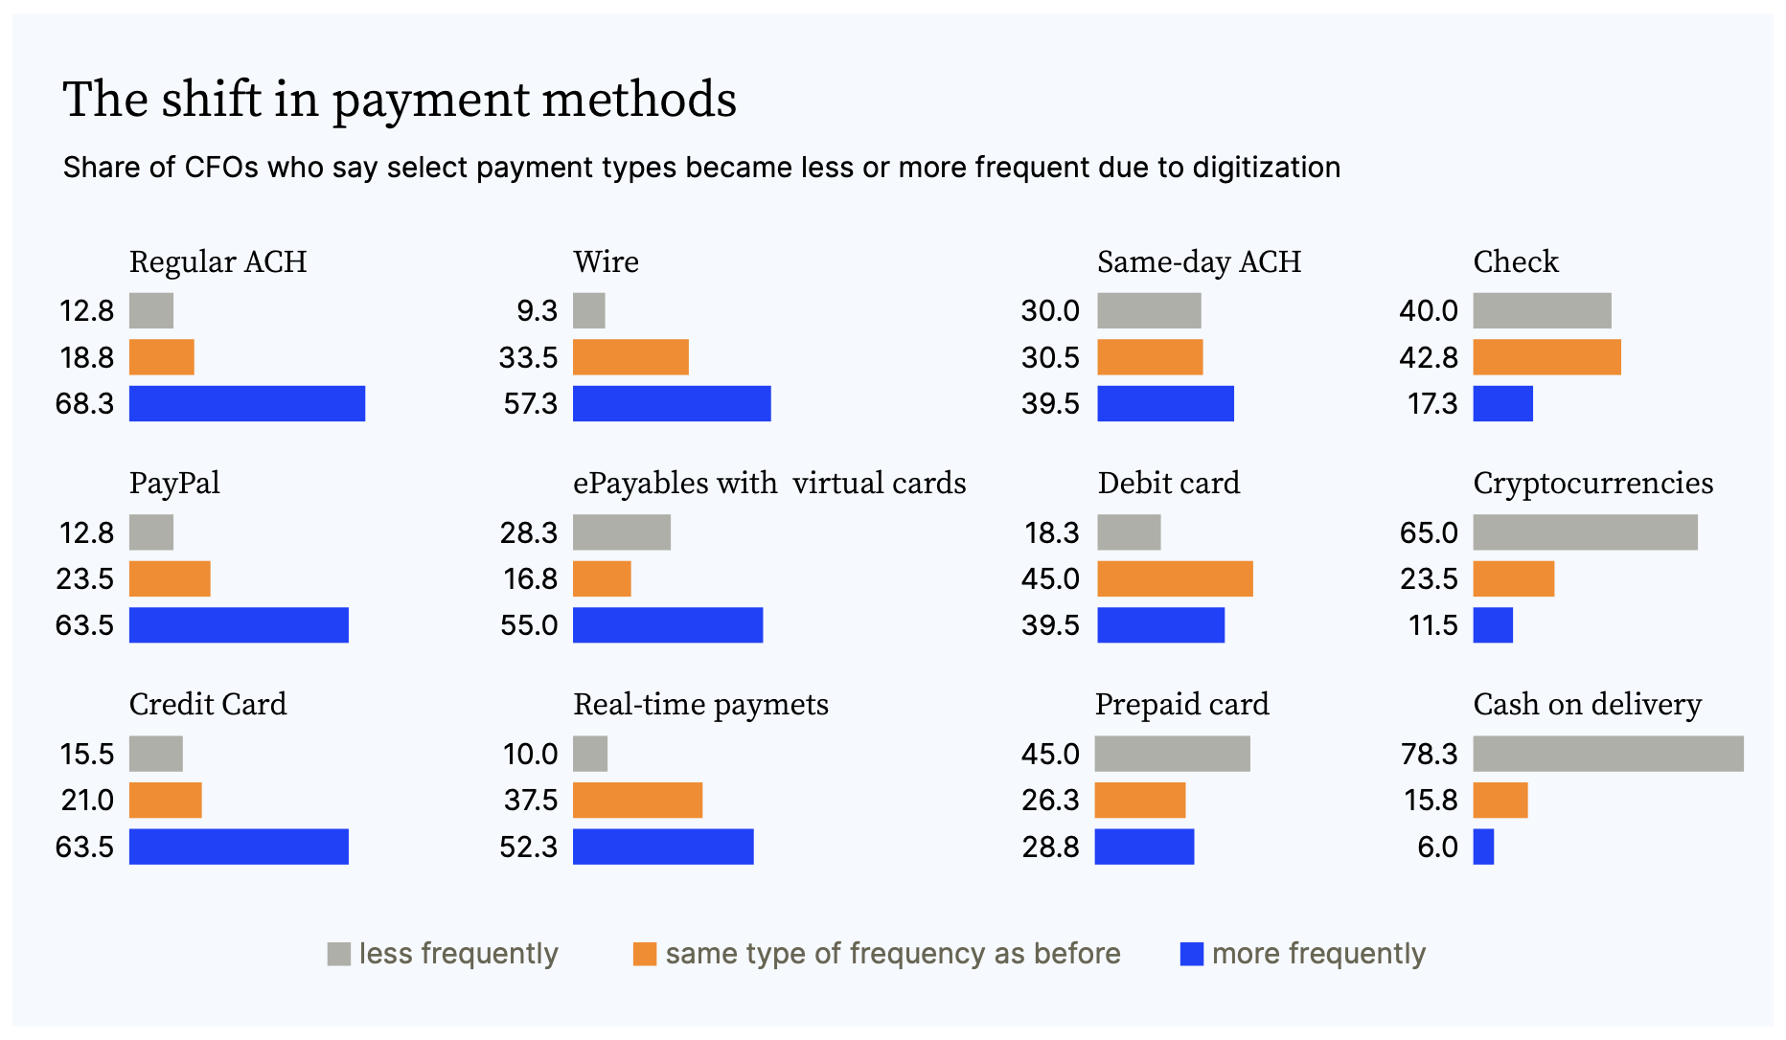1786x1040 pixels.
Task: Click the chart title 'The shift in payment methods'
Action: click(x=400, y=100)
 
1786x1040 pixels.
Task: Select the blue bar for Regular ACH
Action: click(x=247, y=403)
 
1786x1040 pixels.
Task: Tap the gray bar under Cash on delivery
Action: click(x=1609, y=754)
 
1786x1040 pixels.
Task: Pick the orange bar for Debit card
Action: click(x=1175, y=578)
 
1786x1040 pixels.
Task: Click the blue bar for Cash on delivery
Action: click(x=1483, y=847)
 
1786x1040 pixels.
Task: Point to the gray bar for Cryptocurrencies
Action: click(x=1586, y=532)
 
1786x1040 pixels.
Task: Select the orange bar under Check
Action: click(x=1547, y=357)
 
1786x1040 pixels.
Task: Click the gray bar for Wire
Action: click(x=589, y=310)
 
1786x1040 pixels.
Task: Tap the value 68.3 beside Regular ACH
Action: click(x=84, y=403)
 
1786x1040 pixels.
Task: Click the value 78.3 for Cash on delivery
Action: click(x=1430, y=754)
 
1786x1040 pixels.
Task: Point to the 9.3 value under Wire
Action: click(x=537, y=310)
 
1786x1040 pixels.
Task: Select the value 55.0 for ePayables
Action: click(x=529, y=625)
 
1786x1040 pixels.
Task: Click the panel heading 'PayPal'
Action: click(x=174, y=483)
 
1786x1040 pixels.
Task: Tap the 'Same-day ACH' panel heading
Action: click(x=1200, y=261)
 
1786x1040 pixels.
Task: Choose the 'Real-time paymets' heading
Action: click(x=701, y=705)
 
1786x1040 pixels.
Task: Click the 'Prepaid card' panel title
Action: click(x=1182, y=705)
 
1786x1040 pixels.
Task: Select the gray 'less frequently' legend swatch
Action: click(x=339, y=954)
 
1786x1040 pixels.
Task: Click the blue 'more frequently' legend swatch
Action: click(x=1192, y=954)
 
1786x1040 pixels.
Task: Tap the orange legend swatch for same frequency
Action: click(x=645, y=954)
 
